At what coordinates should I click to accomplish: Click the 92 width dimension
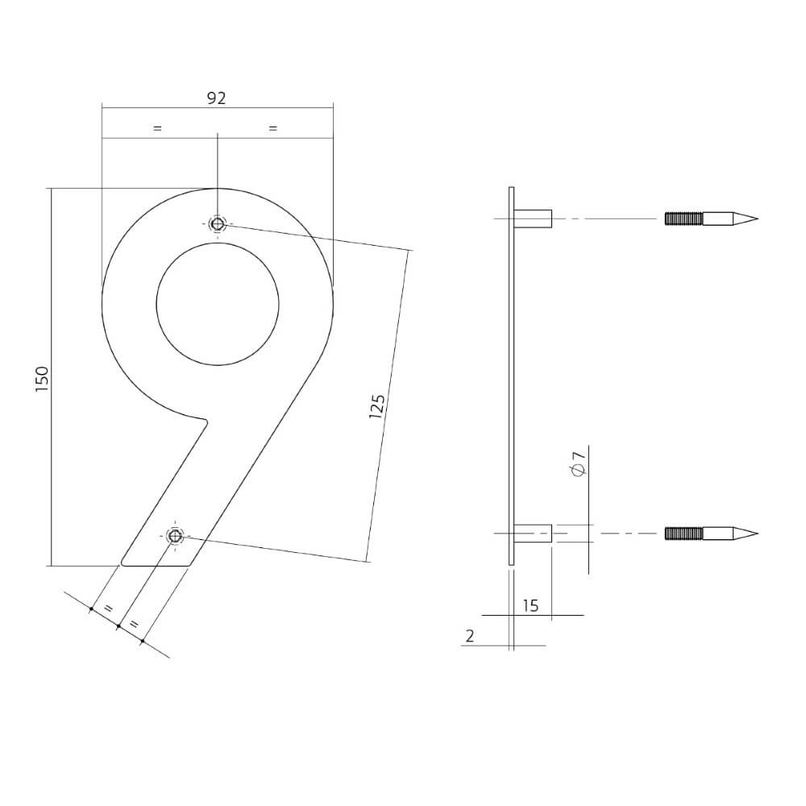(216, 98)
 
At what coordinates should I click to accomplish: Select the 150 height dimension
(42, 379)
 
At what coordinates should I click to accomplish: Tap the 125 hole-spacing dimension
(376, 406)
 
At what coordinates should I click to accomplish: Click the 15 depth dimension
(530, 605)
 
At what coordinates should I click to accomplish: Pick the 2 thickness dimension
(470, 636)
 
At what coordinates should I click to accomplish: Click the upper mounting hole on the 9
(217, 224)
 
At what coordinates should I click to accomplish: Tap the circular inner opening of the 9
(217, 303)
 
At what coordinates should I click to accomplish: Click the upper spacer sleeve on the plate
(534, 218)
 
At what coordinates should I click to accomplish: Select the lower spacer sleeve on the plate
(534, 534)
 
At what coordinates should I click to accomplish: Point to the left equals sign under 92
(157, 128)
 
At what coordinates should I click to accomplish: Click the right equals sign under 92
(272, 128)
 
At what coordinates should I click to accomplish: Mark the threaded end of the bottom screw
(683, 534)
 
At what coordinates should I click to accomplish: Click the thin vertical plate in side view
(511, 376)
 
